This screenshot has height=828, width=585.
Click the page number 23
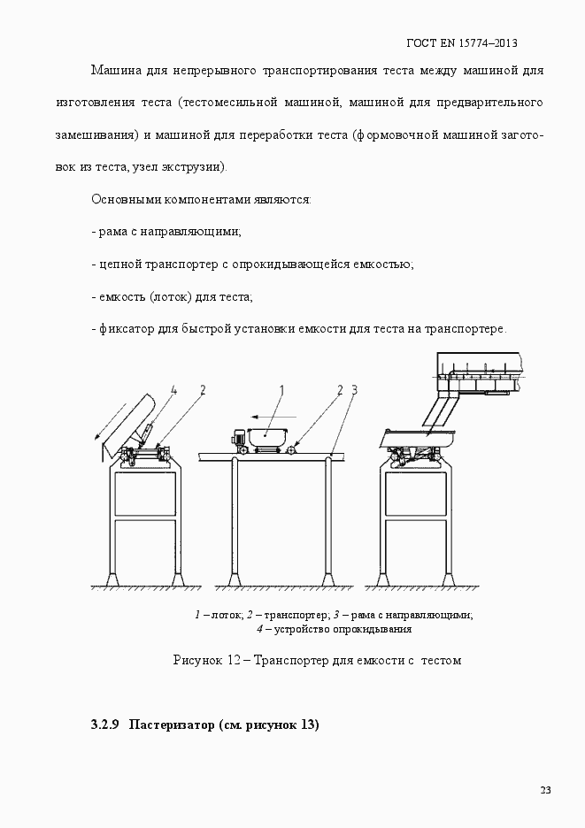545,790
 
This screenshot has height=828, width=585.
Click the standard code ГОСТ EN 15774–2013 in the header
461,42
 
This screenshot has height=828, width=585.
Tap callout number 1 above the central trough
281,388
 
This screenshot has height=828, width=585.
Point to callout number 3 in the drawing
353,388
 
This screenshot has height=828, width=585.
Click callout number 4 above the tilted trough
174,389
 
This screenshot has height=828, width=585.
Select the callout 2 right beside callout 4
203,389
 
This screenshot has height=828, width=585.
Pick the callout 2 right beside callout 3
339,388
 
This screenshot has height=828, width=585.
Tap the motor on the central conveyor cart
238,438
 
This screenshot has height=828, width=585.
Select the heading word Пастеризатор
171,725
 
